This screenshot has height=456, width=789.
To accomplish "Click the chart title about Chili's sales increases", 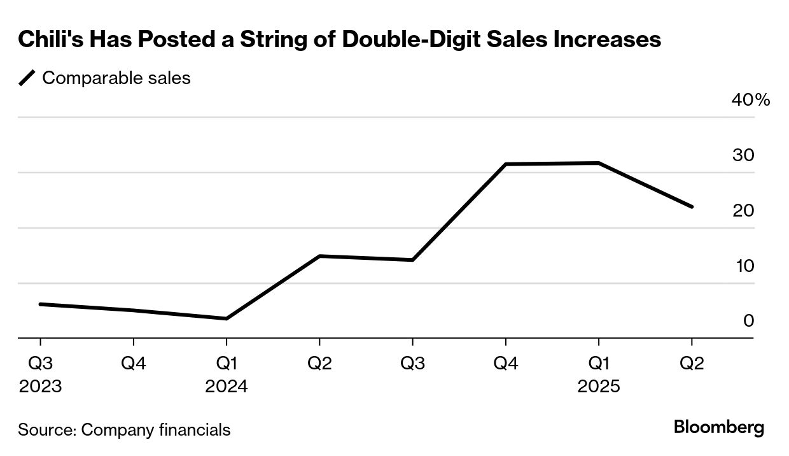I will pos(340,39).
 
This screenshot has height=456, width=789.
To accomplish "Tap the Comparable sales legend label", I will pos(116,78).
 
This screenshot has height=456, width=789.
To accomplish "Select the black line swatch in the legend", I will pos(27,78).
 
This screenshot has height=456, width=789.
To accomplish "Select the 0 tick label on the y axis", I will pos(748,320).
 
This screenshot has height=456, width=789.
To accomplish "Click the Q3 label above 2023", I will pos(40,364).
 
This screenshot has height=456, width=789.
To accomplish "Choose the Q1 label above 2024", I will pos(227,364).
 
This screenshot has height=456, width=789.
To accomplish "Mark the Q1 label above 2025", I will pos(599,364).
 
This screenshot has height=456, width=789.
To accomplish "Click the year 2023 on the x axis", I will pos(40,387).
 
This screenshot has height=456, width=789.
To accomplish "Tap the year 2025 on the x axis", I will pos(599,387).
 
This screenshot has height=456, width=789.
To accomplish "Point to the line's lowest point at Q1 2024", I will pos(227,318).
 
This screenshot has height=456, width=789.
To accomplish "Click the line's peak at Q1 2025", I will pos(599,163).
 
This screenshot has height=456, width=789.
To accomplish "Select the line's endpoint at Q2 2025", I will pos(692,206).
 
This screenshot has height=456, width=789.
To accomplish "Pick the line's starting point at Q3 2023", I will pos(40,304).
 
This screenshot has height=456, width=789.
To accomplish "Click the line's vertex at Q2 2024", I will pos(319,256).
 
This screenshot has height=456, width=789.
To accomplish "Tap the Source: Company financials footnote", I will pos(124,430).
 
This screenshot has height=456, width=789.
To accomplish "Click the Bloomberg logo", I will pos(719,427).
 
